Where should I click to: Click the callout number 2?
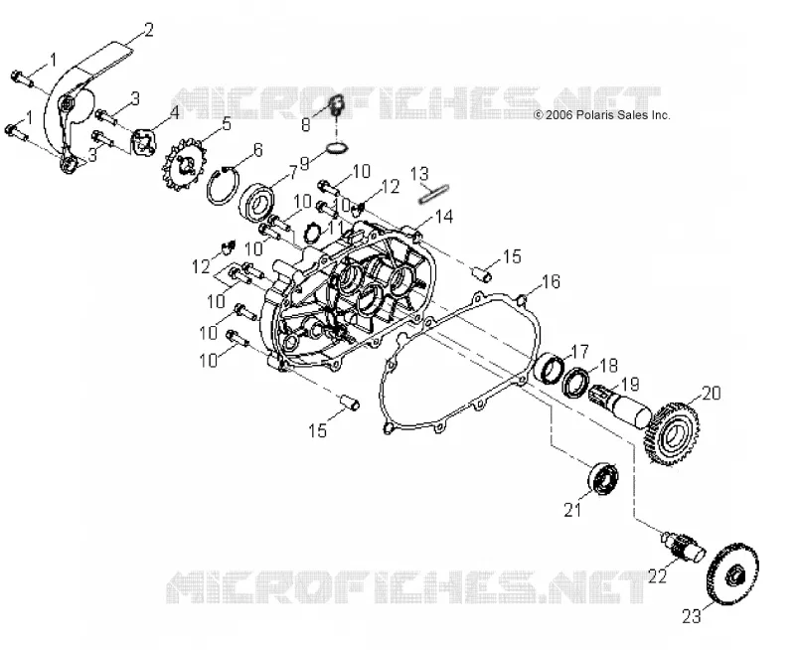point(148,30)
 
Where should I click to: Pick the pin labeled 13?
point(434,193)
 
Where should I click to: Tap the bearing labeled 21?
point(603,478)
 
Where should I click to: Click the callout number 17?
point(579,351)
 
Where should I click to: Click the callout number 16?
point(552,281)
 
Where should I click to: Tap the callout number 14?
point(443,217)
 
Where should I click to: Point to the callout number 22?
point(657,576)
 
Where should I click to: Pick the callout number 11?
point(335,228)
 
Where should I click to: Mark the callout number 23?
point(692,616)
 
